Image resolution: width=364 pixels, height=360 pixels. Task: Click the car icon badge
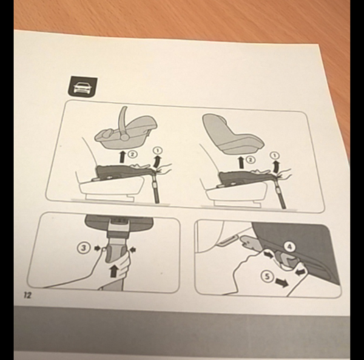point(83,87)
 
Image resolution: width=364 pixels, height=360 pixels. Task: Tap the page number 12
point(27,295)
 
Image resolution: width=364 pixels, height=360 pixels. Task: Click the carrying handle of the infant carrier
point(123,123)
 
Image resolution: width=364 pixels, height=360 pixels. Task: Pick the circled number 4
point(289,247)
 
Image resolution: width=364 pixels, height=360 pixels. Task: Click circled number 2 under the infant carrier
point(132,154)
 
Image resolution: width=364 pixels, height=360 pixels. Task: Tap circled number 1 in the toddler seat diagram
point(275,155)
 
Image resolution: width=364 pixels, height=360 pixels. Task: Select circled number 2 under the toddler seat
point(251,160)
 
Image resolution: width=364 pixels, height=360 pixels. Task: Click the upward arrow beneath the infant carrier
point(122,157)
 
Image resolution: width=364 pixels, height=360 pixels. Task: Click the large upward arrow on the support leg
point(113,271)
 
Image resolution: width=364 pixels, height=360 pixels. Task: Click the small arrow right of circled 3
point(97,248)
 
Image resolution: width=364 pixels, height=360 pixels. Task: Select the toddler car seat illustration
point(232,134)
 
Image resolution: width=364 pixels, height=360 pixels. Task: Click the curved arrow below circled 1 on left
point(157,161)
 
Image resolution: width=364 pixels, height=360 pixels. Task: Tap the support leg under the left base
point(155,187)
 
